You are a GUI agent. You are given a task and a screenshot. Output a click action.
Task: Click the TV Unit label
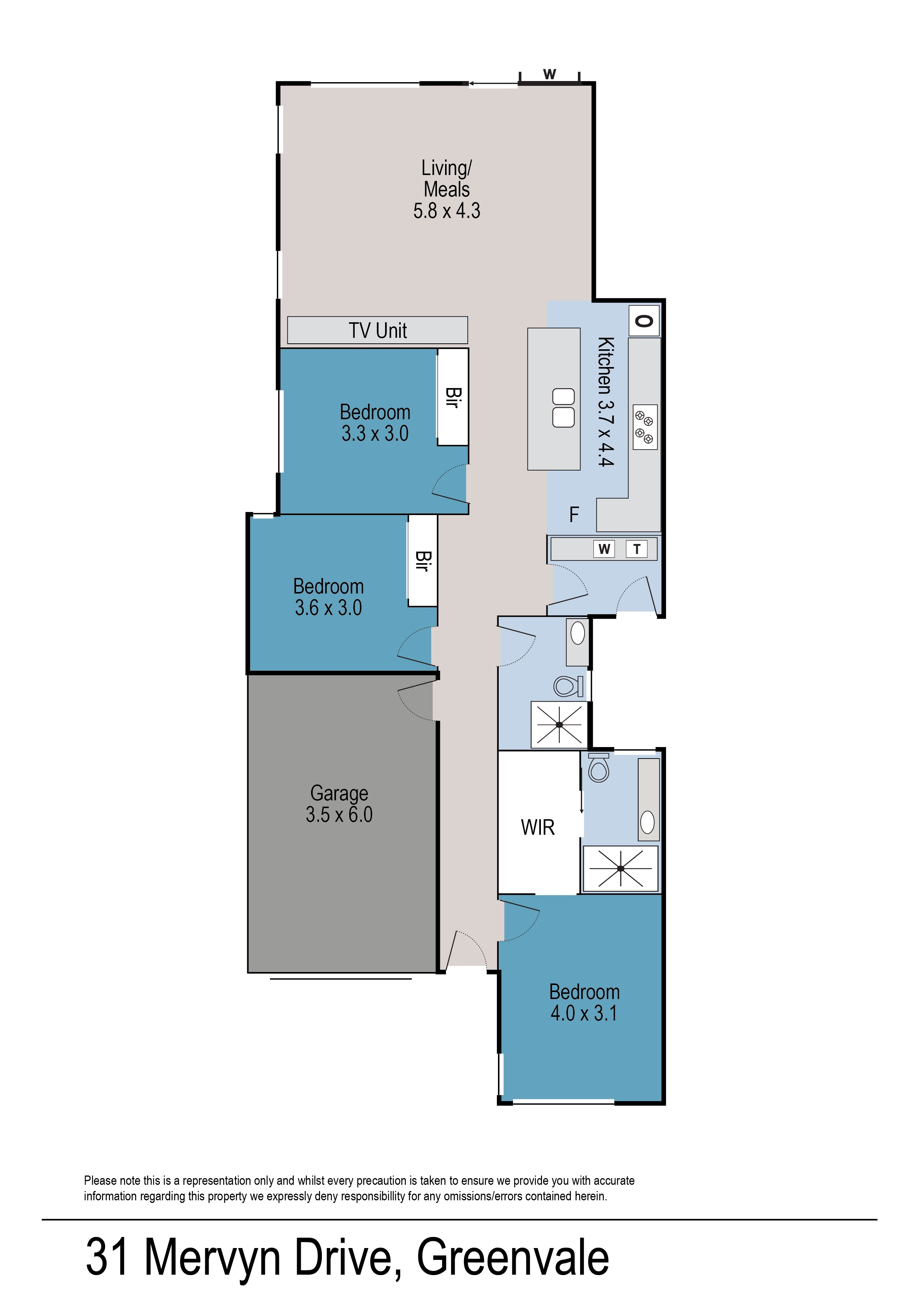click(377, 330)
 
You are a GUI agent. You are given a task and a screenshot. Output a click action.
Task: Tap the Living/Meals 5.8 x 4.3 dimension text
click(447, 211)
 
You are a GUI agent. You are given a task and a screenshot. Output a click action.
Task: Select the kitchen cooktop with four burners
click(644, 427)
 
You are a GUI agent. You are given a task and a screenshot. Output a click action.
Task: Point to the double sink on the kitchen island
click(563, 408)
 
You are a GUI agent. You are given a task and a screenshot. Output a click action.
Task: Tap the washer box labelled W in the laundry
click(604, 549)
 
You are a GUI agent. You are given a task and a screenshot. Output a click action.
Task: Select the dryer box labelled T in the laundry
click(637, 549)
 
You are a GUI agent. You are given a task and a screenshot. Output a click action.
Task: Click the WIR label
click(538, 828)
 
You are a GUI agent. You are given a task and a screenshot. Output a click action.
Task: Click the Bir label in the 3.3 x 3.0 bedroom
click(452, 397)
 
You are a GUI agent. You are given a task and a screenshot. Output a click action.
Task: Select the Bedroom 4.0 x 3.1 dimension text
click(584, 1013)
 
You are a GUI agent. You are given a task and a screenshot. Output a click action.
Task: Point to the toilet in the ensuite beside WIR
click(599, 769)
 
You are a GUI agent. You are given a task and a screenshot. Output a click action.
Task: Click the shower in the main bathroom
click(559, 725)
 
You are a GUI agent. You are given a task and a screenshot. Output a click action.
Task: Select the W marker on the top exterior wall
click(549, 74)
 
